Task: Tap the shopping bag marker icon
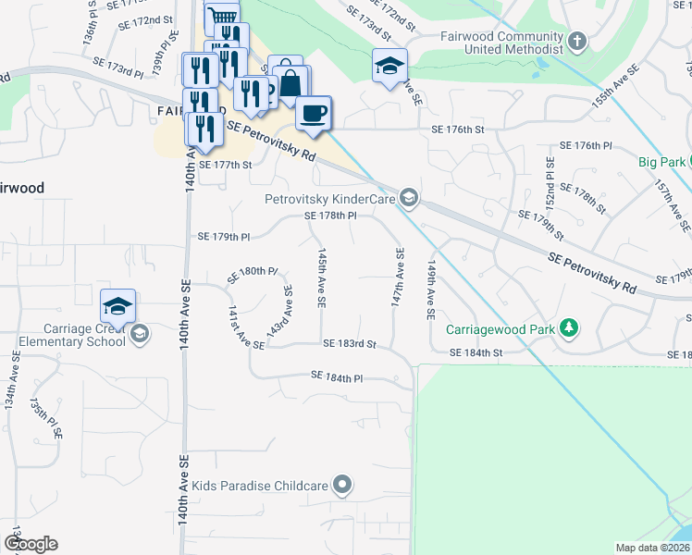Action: tap(290, 82)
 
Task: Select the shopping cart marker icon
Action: tap(221, 16)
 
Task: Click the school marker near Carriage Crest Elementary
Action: tap(118, 306)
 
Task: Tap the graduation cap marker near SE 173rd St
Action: tap(389, 66)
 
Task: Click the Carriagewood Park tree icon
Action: tap(571, 327)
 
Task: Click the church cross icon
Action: tap(577, 42)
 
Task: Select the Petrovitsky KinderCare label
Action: tap(330, 198)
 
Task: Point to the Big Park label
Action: tap(661, 162)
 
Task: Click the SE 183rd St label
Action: tap(350, 344)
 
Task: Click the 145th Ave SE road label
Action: tap(321, 277)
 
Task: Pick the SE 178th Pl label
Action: tap(331, 216)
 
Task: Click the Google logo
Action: tap(31, 544)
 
